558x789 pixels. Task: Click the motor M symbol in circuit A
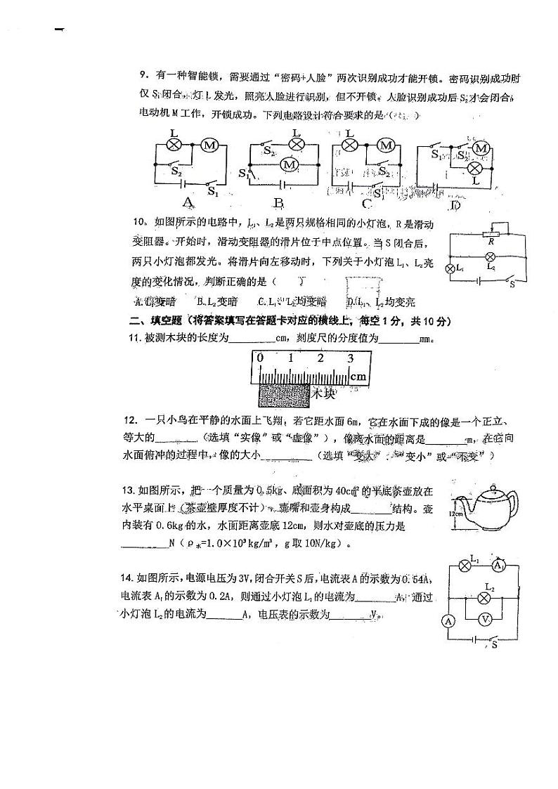tap(208, 145)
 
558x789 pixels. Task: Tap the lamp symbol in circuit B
tap(297, 145)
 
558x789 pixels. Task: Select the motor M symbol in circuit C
tap(384, 145)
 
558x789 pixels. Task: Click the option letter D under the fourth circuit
tap(455, 204)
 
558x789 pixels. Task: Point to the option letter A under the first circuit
tap(188, 204)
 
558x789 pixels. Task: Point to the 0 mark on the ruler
tap(260, 358)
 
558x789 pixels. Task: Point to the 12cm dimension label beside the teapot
tap(455, 514)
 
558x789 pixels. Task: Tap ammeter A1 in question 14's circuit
tap(498, 566)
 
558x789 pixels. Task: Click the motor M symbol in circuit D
tap(481, 148)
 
